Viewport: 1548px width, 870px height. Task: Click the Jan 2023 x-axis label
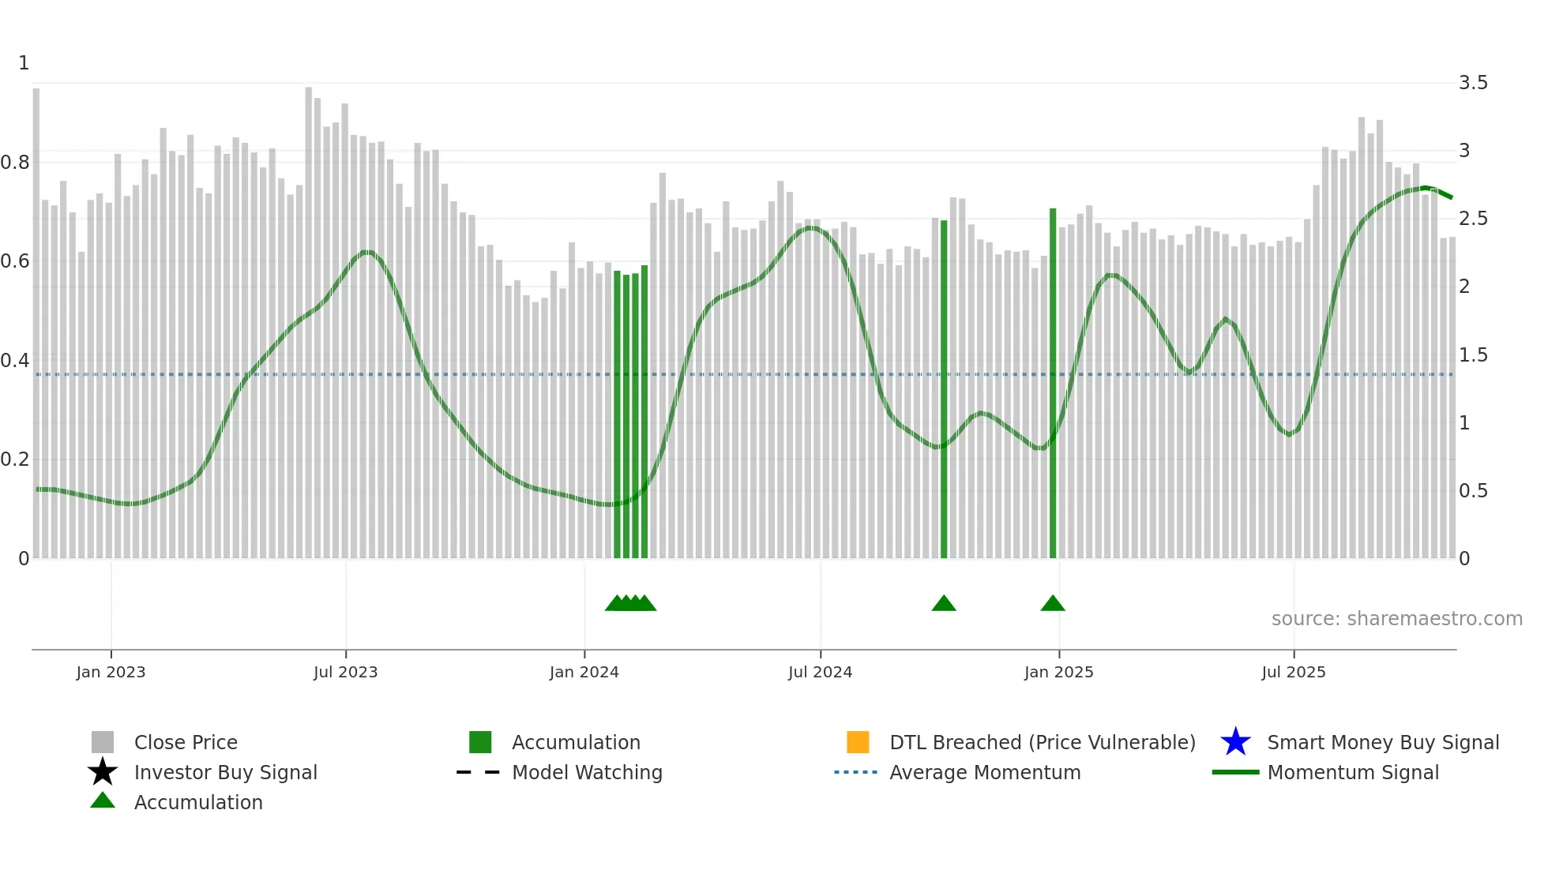(111, 672)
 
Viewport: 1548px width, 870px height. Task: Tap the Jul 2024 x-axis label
(820, 672)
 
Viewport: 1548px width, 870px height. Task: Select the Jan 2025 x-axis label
(1058, 672)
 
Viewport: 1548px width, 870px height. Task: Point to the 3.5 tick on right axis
(1473, 83)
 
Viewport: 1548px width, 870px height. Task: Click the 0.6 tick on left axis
(15, 261)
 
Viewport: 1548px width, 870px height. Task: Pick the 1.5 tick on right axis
(1473, 355)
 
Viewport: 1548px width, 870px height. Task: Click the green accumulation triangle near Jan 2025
(1053, 604)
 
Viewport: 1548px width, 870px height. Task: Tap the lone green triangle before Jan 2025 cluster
(944, 604)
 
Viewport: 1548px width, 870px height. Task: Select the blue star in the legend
(1235, 742)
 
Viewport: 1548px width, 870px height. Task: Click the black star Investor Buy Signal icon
(103, 772)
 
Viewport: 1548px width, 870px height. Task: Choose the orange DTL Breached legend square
(858, 742)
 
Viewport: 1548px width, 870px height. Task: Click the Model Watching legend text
(587, 772)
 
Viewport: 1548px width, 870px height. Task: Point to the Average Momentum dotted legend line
(855, 772)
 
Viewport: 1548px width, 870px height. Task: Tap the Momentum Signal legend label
(1353, 772)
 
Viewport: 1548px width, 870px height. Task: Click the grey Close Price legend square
(103, 742)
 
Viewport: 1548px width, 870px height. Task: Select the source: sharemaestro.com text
(1396, 619)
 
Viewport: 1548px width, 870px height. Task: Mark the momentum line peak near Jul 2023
(366, 252)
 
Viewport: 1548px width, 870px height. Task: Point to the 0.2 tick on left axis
(15, 459)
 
